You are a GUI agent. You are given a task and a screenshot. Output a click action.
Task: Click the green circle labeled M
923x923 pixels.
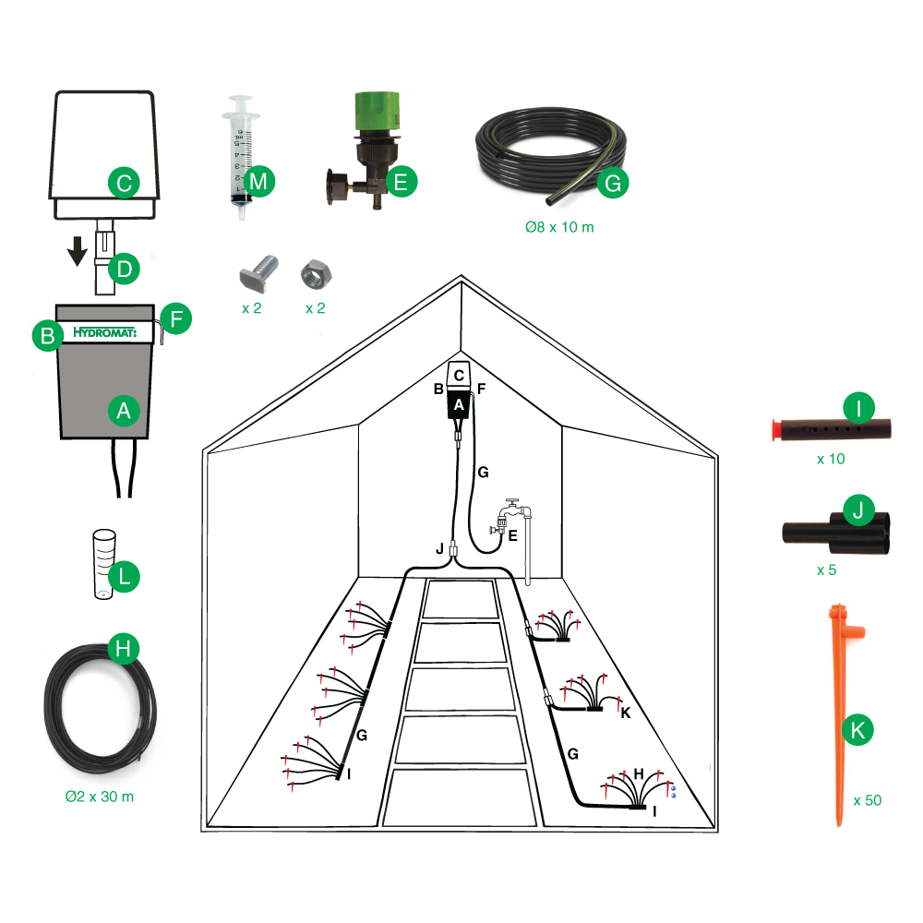coord(259,181)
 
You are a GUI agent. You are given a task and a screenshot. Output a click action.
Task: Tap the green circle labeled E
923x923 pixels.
coord(401,182)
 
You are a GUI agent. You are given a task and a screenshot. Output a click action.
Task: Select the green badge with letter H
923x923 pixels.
coord(124,649)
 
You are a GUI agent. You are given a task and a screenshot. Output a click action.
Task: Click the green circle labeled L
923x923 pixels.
coord(124,576)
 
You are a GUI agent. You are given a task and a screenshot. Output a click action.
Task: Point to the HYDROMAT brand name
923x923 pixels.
coord(105,332)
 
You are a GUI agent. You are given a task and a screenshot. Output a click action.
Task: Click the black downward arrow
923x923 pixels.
coord(78,251)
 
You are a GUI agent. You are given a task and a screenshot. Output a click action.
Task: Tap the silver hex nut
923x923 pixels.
coord(316,274)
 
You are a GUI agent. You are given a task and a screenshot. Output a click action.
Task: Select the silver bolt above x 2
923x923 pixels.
coord(258,272)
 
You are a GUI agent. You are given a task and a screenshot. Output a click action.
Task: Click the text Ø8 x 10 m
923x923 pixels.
coord(559,227)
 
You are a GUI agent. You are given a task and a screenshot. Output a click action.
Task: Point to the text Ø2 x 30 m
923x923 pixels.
coord(100,797)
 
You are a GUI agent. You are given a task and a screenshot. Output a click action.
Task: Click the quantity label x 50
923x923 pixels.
coord(867,800)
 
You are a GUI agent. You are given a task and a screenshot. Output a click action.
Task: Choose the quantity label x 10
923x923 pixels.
coord(831,459)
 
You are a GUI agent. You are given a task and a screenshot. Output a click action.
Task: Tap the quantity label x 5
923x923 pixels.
coord(826,569)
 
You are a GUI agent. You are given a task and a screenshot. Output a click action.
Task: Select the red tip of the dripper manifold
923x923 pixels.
coord(778,430)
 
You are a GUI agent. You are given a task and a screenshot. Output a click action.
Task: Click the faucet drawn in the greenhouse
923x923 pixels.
coord(513,517)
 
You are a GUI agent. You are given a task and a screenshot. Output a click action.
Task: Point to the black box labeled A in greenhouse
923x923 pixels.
coord(459,404)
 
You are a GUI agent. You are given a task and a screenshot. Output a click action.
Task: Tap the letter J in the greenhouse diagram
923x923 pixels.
coord(439,549)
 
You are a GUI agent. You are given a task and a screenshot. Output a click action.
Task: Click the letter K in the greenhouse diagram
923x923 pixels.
coord(626,713)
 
